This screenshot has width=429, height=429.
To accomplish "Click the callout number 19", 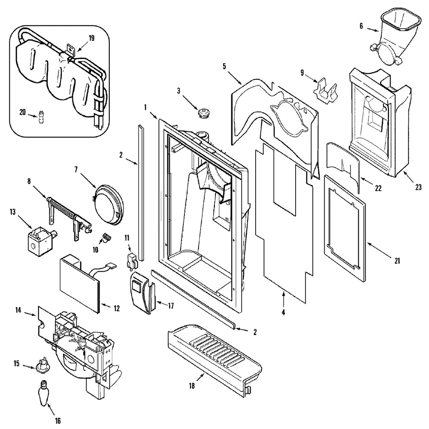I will (91, 38).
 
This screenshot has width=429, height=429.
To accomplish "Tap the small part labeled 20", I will (42, 117).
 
